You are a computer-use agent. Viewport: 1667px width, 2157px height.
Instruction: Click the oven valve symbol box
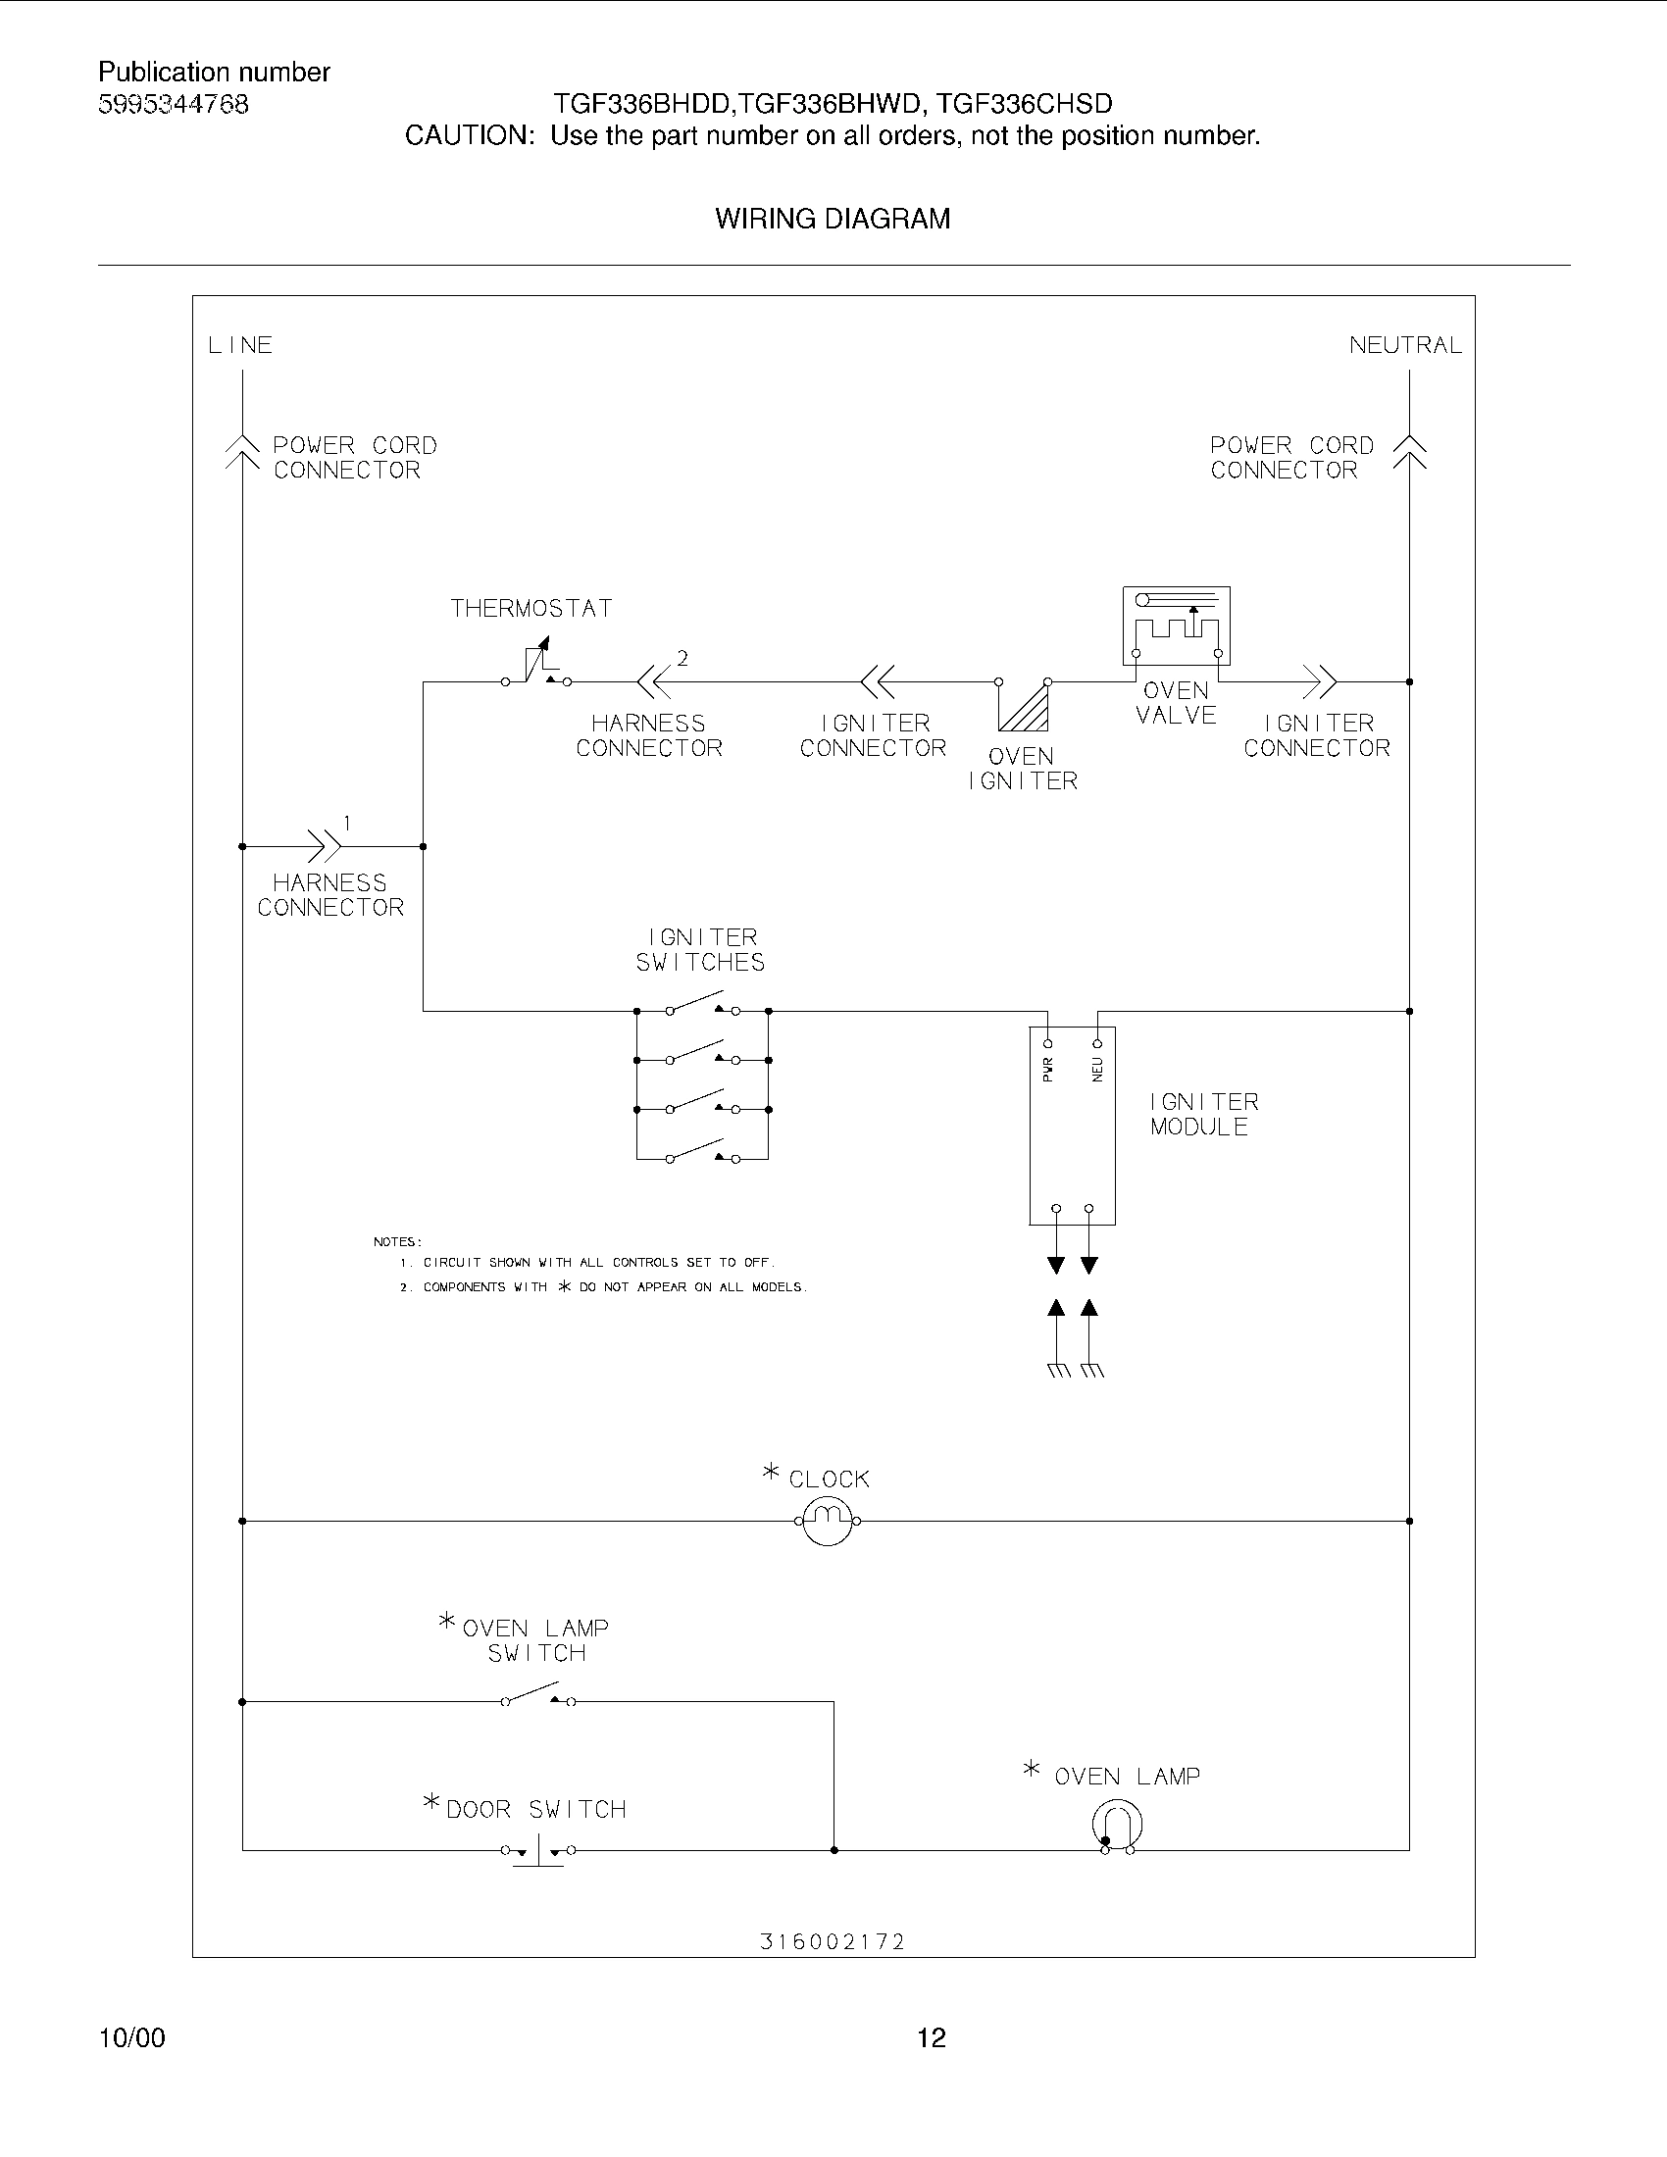point(1175,626)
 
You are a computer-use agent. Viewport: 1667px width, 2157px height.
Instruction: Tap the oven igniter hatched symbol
point(1024,703)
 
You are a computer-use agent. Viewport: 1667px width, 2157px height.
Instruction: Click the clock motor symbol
point(828,1521)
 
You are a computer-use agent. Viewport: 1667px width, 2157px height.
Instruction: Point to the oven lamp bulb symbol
point(1118,1826)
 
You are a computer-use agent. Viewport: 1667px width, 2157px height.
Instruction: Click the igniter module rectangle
point(1073,1126)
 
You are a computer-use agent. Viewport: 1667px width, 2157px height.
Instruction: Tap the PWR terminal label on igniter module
point(1049,1069)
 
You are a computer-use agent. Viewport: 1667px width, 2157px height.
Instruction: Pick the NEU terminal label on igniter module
point(1097,1069)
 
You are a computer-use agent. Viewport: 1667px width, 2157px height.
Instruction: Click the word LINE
point(240,346)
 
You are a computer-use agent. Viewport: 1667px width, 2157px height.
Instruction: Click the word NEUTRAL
point(1405,346)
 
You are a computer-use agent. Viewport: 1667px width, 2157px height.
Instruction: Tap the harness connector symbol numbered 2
point(654,681)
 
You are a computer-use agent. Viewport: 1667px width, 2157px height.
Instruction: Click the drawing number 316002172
point(833,1941)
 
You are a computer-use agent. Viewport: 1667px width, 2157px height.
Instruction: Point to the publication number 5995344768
point(174,105)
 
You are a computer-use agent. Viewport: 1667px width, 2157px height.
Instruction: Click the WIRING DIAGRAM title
point(833,220)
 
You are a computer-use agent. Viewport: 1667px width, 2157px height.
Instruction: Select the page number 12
point(932,2037)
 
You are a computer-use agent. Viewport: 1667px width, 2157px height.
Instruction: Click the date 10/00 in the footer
point(132,2037)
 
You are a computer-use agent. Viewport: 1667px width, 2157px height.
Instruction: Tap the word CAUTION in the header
point(469,136)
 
